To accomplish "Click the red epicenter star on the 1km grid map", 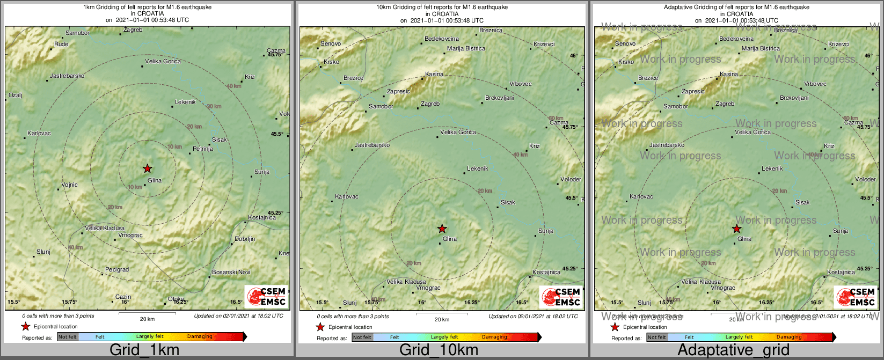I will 148,168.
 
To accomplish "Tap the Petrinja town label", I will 203,149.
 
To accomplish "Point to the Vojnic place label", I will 69,185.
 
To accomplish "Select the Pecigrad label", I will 116,269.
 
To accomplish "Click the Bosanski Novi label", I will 231,272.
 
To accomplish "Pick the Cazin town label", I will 123,297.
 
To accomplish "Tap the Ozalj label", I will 15,95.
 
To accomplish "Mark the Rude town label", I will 61,44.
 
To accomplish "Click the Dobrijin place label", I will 245,239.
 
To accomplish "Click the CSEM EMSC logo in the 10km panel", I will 561,297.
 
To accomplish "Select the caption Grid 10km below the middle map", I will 439,350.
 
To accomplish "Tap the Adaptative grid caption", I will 733,350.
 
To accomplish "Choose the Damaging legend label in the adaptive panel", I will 789,337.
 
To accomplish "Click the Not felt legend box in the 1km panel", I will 68,337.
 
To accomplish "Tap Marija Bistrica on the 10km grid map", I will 466,48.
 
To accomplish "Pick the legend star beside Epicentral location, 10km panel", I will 320,327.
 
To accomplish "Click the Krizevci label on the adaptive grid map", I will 838,44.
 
